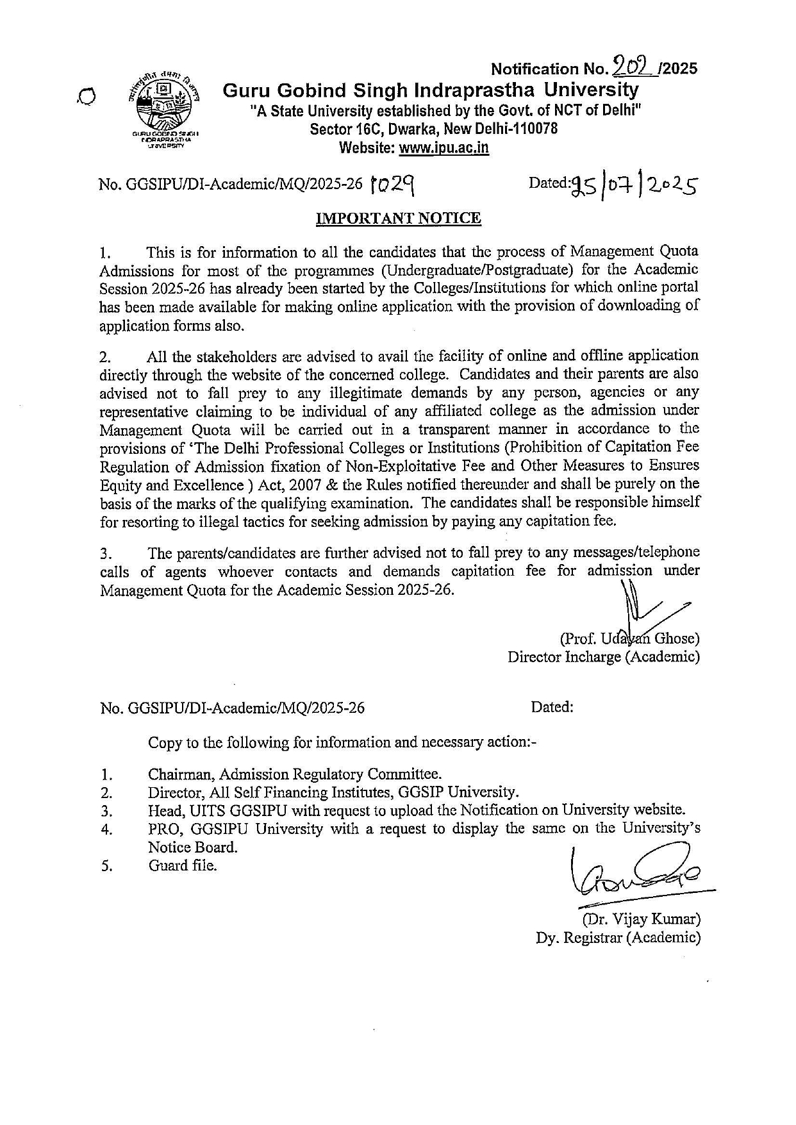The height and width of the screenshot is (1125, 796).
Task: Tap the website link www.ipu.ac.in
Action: click(x=444, y=149)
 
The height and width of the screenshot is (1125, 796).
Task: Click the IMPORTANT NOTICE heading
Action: click(x=398, y=219)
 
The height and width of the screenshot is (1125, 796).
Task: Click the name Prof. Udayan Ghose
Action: click(x=630, y=638)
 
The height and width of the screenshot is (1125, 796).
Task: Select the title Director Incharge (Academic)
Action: click(x=603, y=657)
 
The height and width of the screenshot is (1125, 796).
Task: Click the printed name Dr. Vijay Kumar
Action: click(x=640, y=919)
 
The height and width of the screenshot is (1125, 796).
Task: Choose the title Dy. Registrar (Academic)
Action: click(x=618, y=937)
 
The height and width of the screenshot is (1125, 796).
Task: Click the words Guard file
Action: click(x=183, y=865)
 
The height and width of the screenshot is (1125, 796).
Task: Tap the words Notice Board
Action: click(x=193, y=847)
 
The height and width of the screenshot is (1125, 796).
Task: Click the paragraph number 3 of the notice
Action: click(x=106, y=553)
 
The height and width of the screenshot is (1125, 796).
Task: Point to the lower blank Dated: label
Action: click(x=552, y=707)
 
